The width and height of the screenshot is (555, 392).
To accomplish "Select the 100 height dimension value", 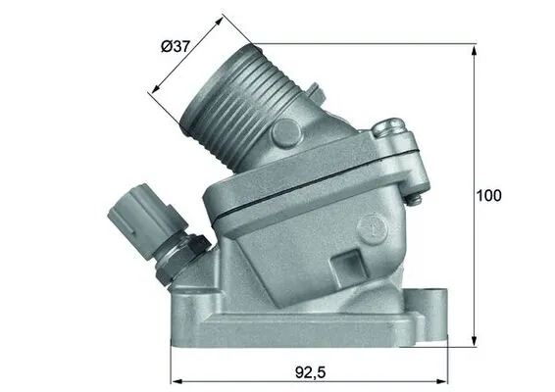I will pyautogui.click(x=487, y=195).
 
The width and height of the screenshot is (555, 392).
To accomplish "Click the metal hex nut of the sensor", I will pyautogui.click(x=183, y=252).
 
